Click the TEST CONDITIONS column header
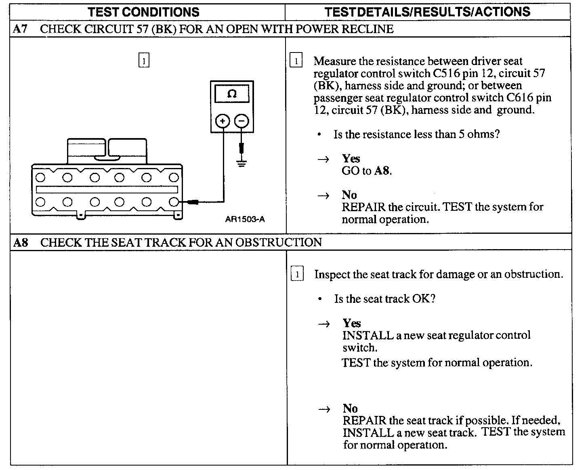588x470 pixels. point(143,12)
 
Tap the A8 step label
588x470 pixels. point(21,242)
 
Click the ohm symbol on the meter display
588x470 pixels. point(232,94)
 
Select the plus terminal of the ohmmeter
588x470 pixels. point(223,121)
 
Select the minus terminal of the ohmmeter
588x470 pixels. point(241,121)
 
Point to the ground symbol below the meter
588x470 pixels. point(241,163)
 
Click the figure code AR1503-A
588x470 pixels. point(245,219)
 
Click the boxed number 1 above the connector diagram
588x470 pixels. point(144,60)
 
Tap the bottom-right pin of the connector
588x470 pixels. point(174,201)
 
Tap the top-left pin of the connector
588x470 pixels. point(40,177)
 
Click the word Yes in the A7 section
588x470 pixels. point(351,158)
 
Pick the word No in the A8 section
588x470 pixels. point(350,408)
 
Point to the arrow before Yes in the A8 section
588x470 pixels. point(324,323)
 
